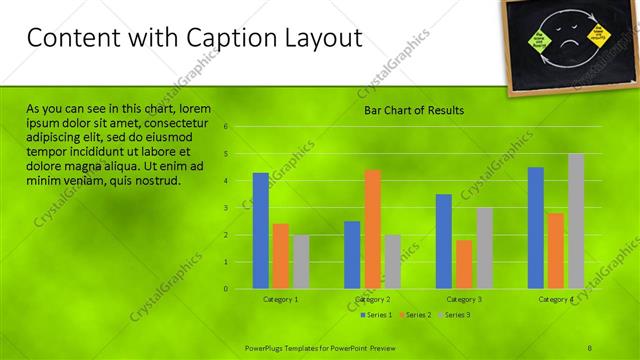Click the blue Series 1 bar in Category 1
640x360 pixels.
tap(260, 230)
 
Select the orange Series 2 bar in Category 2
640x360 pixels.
tap(372, 229)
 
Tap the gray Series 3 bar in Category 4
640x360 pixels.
tap(576, 221)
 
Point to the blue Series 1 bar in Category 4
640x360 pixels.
tap(536, 227)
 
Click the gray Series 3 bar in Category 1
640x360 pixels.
tap(301, 262)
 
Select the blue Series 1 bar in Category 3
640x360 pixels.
tap(444, 241)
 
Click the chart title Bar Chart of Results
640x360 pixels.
tap(406, 110)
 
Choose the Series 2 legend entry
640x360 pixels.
tap(415, 315)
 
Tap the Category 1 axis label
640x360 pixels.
tap(280, 299)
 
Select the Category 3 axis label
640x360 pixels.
tap(464, 299)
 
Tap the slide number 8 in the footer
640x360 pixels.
tap(591, 346)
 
